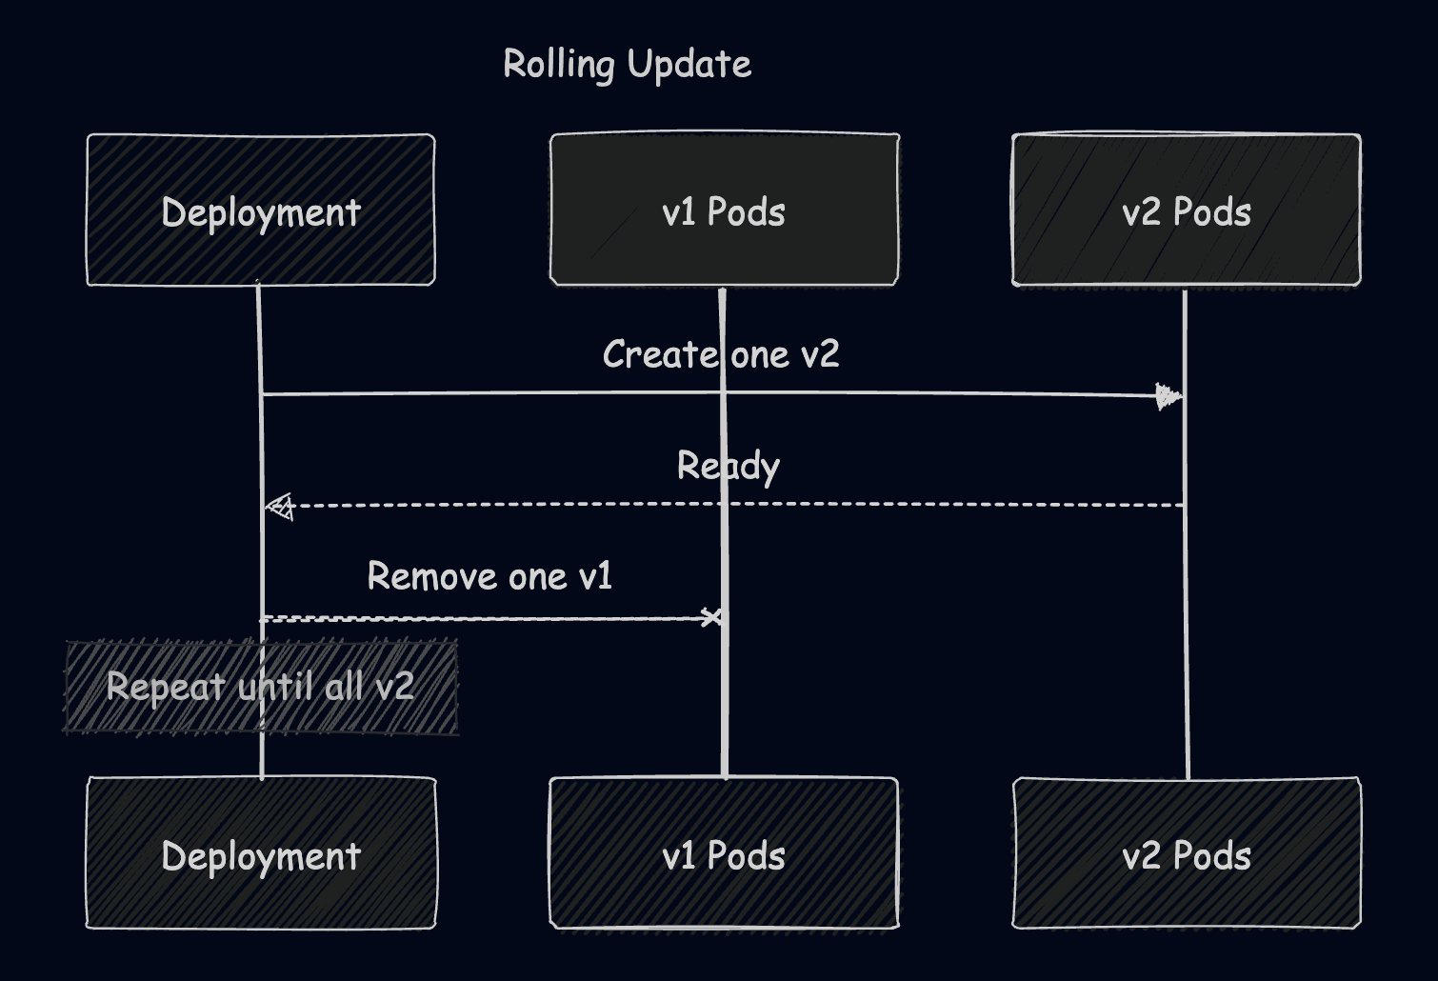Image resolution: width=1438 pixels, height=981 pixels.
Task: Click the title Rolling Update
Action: click(627, 65)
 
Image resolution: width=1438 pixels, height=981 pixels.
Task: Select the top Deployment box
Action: click(261, 210)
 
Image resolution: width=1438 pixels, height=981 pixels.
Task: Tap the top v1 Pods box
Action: click(724, 210)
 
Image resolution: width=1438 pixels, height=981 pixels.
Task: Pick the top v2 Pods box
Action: click(1186, 210)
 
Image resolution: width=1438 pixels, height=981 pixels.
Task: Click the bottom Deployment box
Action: click(261, 854)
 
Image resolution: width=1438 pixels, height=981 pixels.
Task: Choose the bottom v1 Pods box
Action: click(724, 854)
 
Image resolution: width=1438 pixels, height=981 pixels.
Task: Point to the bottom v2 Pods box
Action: click(1186, 854)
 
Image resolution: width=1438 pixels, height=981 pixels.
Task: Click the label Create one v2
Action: click(721, 354)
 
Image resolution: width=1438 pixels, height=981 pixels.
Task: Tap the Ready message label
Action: click(728, 467)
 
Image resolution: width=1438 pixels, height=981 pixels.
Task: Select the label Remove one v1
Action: click(489, 576)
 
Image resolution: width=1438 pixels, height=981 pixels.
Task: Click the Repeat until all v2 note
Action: click(260, 687)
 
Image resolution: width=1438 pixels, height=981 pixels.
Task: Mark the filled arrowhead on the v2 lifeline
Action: click(1168, 396)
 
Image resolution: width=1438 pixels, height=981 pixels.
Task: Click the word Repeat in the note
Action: click(166, 687)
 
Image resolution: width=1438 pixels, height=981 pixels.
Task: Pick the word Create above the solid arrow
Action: click(660, 354)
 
